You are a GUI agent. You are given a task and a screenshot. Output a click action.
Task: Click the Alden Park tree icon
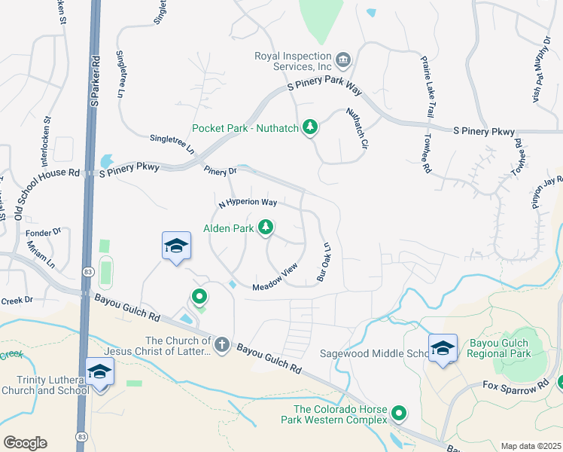pyautogui.click(x=265, y=227)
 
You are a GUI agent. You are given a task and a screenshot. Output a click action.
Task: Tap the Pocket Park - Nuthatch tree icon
pyautogui.click(x=309, y=127)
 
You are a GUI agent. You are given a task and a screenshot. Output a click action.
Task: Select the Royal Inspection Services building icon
pyautogui.click(x=342, y=60)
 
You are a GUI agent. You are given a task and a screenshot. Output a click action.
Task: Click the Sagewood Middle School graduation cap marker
pyautogui.click(x=443, y=349)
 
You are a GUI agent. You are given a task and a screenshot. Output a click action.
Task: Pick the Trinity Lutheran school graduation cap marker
pyautogui.click(x=99, y=372)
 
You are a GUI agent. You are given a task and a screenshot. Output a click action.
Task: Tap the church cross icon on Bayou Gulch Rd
pyautogui.click(x=221, y=345)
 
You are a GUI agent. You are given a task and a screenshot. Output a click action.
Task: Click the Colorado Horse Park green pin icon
pyautogui.click(x=399, y=413)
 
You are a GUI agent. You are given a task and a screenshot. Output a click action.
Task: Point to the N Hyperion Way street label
pyautogui.click(x=248, y=203)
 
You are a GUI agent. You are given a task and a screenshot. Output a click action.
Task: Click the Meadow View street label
pyautogui.click(x=275, y=280)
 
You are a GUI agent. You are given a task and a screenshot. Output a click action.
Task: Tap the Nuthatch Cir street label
pyautogui.click(x=357, y=127)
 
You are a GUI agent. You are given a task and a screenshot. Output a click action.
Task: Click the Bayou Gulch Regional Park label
pyautogui.click(x=500, y=348)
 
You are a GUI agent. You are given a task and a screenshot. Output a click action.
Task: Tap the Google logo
pyautogui.click(x=25, y=442)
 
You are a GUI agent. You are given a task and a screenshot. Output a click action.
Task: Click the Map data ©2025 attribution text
pyautogui.click(x=531, y=446)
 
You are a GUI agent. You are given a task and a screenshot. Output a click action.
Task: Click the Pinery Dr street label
pyautogui.click(x=220, y=171)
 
